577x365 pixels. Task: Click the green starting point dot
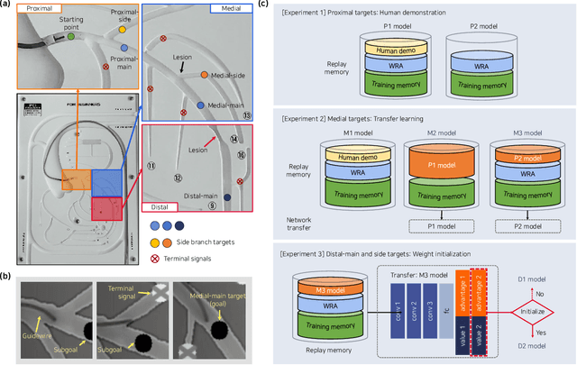point(71,37)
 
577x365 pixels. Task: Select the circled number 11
point(151,166)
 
